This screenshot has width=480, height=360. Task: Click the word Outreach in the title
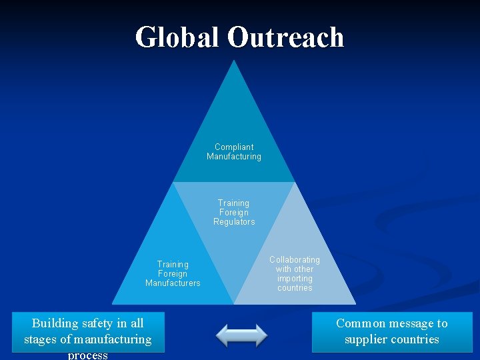(285, 37)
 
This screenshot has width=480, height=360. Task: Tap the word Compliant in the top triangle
(234, 147)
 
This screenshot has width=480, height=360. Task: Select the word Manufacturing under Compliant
(234, 157)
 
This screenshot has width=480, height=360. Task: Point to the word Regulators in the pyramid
(234, 222)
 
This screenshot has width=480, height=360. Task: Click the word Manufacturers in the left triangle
(173, 283)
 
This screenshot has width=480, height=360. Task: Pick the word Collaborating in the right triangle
(295, 259)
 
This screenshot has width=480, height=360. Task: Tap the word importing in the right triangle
(295, 279)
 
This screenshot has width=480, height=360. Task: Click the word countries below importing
(295, 288)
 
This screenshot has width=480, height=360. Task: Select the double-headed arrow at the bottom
(242, 335)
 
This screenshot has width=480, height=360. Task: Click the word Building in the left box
(56, 323)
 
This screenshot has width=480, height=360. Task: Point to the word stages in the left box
(40, 339)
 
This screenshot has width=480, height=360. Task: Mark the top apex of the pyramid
(233, 62)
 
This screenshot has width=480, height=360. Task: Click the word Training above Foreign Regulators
(234, 203)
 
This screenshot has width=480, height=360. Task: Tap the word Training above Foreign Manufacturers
(173, 265)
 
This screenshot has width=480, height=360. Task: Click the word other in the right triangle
(303, 269)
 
